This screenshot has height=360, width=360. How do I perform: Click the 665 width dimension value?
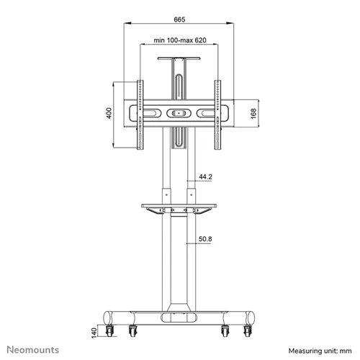tap(179, 19)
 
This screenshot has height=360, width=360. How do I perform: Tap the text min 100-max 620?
tap(180, 40)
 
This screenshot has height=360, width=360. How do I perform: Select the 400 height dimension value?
tap(109, 113)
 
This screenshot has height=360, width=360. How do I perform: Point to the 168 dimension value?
tap(253, 114)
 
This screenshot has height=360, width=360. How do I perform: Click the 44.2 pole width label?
tap(205, 177)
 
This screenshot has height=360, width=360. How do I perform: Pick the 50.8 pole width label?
tap(205, 239)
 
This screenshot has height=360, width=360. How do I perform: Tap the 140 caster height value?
tap(94, 333)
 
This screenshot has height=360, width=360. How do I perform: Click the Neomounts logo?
tap(33, 350)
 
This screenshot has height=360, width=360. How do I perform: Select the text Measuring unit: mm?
tap(320, 351)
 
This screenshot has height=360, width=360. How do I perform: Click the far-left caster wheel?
tap(109, 330)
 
